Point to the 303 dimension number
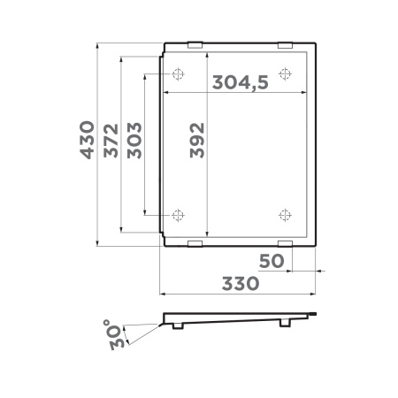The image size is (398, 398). [x=135, y=139]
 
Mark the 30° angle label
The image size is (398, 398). [x=116, y=337]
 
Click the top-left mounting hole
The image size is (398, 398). [x=178, y=73]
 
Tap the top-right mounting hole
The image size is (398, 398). [x=285, y=73]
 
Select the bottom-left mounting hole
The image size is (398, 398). [x=178, y=214]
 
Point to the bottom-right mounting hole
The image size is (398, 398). [x=285, y=214]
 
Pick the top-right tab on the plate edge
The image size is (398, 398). [x=285, y=45]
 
